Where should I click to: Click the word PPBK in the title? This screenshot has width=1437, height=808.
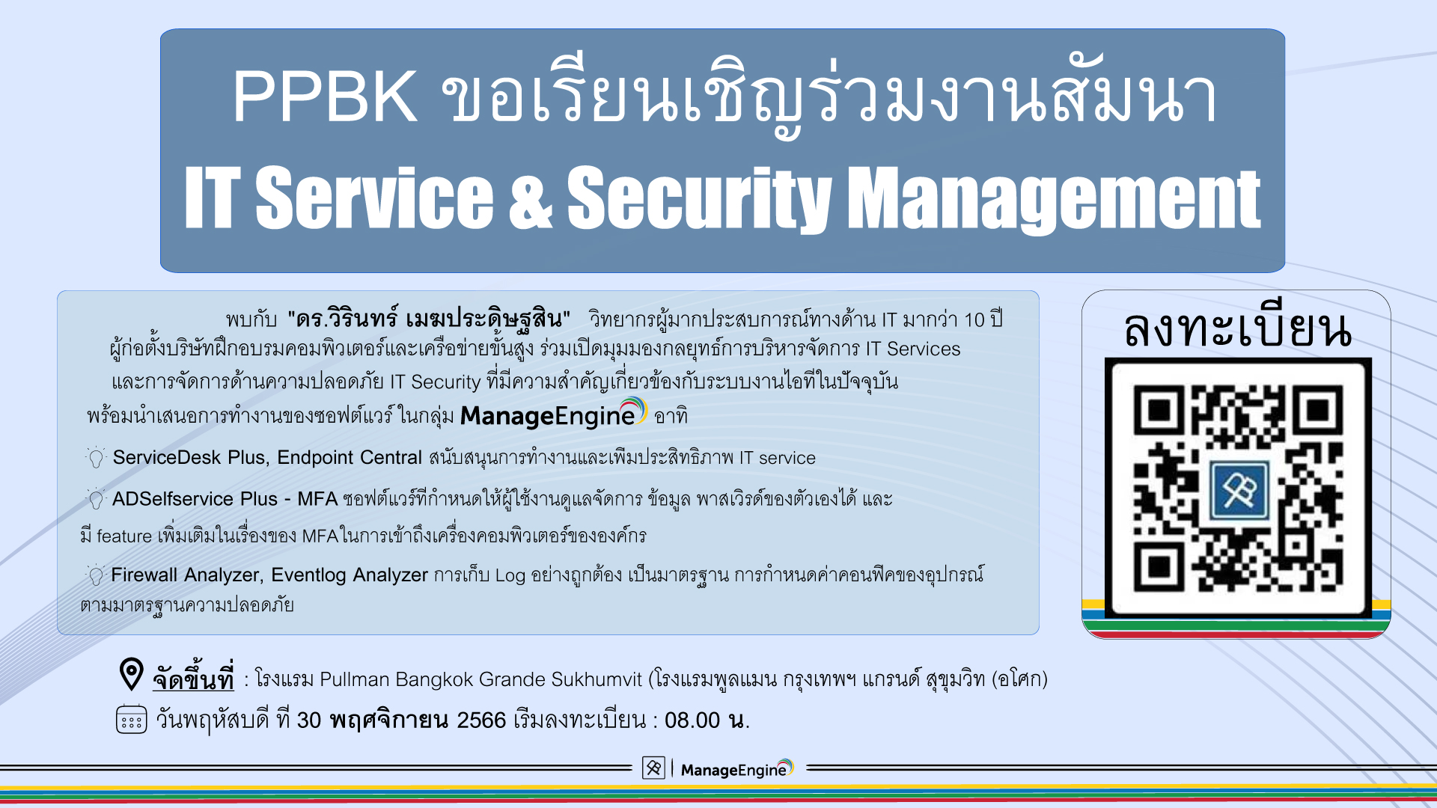point(324,97)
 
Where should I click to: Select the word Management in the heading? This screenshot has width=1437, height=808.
point(1054,198)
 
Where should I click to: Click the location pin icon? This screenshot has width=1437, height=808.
point(131,674)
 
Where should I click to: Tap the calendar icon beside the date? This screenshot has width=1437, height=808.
point(131,719)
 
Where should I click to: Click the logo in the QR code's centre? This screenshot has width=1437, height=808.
point(1239,491)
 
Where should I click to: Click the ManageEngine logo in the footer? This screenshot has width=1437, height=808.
point(736,768)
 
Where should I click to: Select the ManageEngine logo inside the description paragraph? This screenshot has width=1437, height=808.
point(553,414)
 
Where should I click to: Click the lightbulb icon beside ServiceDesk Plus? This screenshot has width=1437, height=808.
point(96,457)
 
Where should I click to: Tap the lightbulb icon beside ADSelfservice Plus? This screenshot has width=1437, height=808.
point(96,498)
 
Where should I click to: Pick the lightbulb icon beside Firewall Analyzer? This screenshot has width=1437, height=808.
point(95,575)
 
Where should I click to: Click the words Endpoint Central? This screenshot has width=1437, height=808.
point(350,457)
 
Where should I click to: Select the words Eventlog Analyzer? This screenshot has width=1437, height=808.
point(350,575)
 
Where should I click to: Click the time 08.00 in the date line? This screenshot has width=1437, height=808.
point(692,720)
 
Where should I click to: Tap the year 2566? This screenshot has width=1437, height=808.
point(481,720)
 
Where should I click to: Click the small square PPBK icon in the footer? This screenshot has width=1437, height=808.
point(653,768)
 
